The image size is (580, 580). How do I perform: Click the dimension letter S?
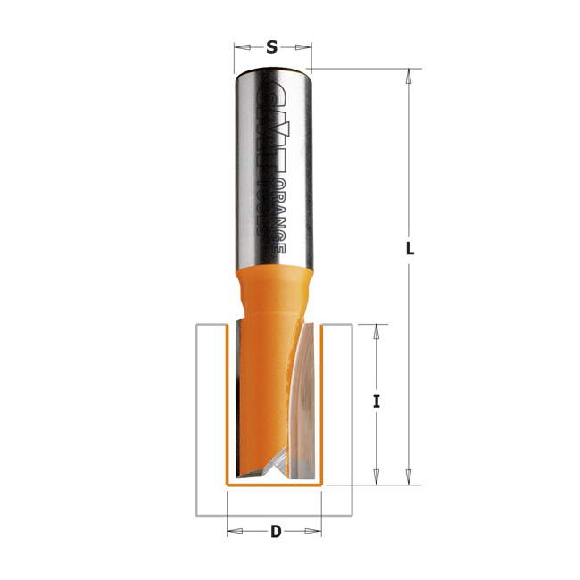(x=272, y=47)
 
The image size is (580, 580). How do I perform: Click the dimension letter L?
(x=410, y=250)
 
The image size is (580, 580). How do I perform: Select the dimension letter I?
(x=377, y=402)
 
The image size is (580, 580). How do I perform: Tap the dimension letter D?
(x=275, y=533)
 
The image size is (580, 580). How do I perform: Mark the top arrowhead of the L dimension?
(x=409, y=76)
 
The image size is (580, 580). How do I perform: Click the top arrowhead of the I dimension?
(x=377, y=330)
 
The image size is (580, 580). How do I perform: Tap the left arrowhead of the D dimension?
(x=235, y=532)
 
